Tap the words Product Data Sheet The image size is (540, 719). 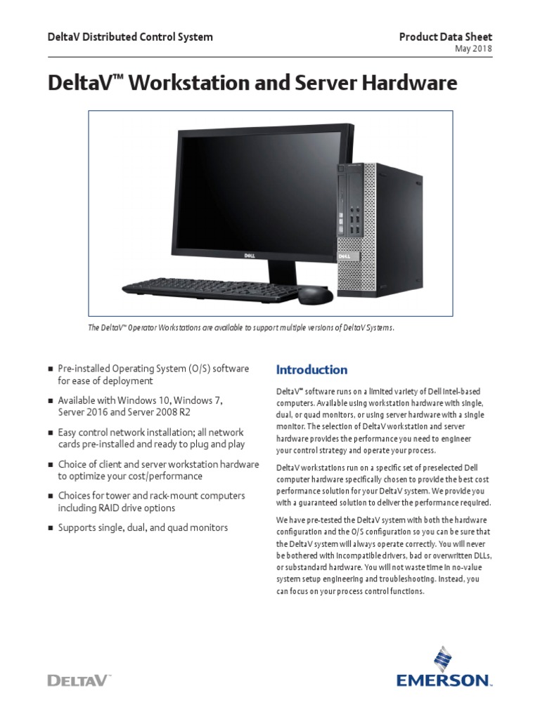click(446, 37)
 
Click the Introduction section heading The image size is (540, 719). click(311, 369)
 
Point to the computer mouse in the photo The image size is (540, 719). click(316, 295)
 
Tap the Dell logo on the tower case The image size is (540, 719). click(346, 257)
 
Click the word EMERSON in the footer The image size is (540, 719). click(442, 680)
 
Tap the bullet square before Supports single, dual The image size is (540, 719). click(50, 528)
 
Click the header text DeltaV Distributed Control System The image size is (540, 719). click(130, 37)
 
